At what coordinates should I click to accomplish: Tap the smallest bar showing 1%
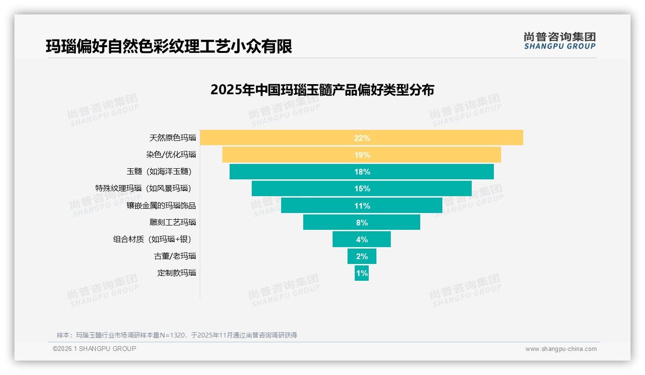[361, 273]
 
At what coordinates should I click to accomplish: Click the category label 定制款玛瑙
[177, 273]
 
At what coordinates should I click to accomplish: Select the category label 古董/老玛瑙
[175, 256]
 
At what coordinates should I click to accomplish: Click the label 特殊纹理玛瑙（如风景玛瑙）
[145, 188]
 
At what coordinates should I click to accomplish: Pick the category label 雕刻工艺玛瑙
[173, 222]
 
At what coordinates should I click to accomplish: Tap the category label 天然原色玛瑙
[173, 137]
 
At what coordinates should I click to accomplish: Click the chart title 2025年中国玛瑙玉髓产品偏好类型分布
[322, 90]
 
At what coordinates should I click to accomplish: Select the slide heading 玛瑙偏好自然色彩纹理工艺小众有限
[169, 47]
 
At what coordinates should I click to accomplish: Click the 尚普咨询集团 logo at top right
[559, 40]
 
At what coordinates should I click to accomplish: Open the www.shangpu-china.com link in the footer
[561, 349]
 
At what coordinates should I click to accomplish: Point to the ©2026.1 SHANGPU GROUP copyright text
[94, 349]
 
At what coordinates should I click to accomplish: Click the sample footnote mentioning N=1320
[177, 335]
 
